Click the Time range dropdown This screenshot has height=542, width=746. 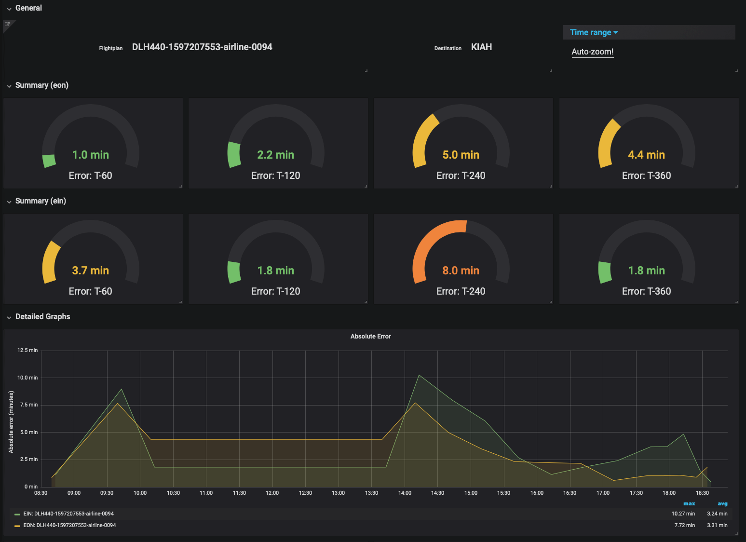click(594, 32)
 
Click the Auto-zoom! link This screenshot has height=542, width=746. click(592, 52)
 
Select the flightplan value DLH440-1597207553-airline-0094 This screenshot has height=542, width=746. click(202, 47)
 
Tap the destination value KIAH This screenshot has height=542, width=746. click(481, 47)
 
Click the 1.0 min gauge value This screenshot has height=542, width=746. click(91, 155)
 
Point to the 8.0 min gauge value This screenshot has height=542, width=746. click(461, 271)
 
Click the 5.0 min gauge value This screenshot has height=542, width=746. click(461, 155)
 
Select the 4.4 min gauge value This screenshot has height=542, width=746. click(646, 155)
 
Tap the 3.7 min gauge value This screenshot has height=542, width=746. click(91, 271)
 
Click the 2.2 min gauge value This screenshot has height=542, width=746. click(275, 155)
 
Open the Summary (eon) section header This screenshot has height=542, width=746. click(41, 85)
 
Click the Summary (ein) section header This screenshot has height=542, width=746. click(41, 201)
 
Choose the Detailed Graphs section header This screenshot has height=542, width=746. click(42, 317)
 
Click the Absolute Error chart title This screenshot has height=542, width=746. click(370, 336)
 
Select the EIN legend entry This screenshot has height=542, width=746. click(68, 514)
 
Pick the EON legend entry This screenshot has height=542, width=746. click(69, 525)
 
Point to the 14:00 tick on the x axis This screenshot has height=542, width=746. click(405, 493)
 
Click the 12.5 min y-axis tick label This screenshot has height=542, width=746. click(27, 350)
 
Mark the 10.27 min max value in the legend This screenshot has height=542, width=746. click(683, 514)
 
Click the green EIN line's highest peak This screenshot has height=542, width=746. click(419, 375)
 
